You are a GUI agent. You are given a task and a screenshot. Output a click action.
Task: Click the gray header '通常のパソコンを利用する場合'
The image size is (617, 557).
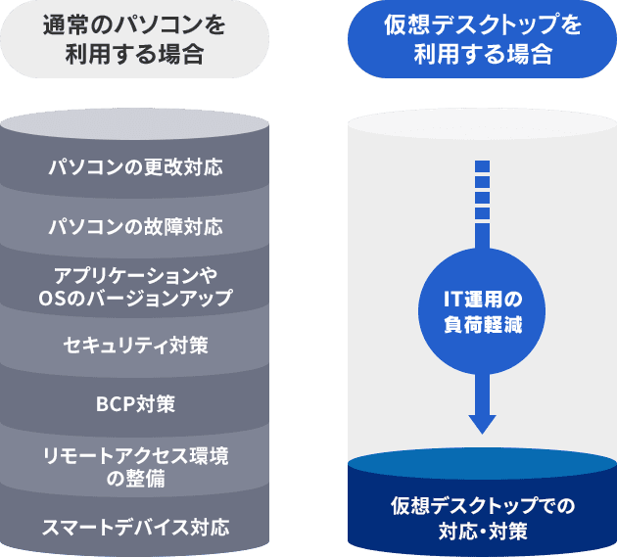coord(136,40)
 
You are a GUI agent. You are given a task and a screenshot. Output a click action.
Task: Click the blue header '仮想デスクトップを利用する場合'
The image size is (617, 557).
coord(483,40)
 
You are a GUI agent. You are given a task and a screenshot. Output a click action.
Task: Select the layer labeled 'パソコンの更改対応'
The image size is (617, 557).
coord(136,166)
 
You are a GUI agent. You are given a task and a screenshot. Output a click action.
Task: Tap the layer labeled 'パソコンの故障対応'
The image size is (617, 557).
coord(136,227)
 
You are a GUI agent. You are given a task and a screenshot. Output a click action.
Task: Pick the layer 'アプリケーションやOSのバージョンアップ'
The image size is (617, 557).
coord(136,285)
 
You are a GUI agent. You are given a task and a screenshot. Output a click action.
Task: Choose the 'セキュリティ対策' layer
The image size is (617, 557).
coord(136,345)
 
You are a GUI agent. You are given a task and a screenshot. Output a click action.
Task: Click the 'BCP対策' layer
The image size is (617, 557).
coord(136,403)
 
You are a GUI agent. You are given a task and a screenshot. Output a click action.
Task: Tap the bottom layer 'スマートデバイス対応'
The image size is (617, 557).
coord(136,528)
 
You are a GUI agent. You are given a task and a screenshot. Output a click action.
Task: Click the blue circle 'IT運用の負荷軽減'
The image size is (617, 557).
coord(481,310)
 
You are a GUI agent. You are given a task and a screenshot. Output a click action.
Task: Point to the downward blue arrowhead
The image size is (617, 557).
coord(481,422)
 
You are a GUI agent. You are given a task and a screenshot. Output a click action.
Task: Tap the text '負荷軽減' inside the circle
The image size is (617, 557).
coord(481,324)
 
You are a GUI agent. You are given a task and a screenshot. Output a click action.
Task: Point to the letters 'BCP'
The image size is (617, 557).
coord(115,403)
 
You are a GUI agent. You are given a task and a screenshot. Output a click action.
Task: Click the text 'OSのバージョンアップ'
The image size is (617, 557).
coord(136,298)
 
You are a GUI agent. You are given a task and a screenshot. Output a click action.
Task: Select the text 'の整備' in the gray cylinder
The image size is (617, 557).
coord(136,480)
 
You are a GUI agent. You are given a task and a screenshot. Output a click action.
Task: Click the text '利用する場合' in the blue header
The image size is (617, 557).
coord(483,54)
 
